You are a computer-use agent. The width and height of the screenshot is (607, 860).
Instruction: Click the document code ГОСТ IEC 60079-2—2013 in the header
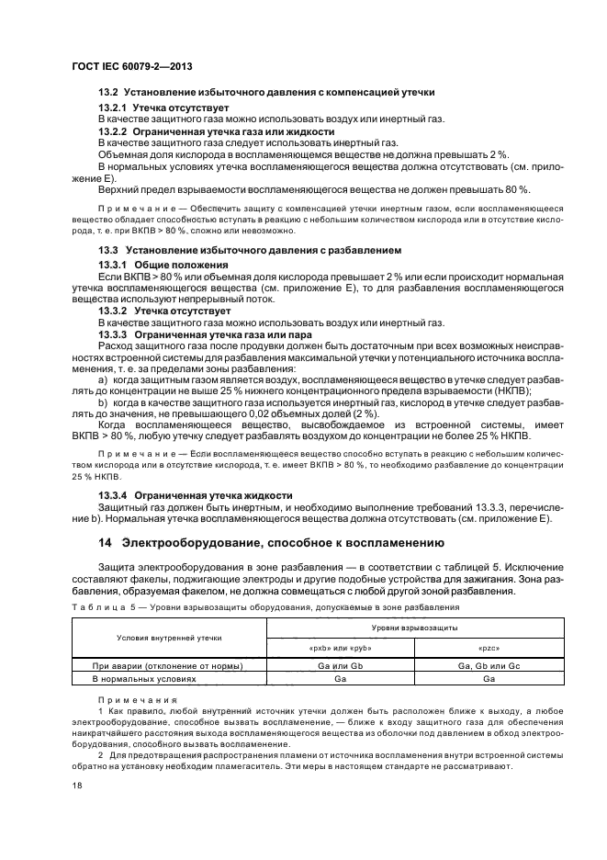click(x=129, y=67)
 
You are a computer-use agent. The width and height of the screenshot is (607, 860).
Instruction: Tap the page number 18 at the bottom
click(x=74, y=786)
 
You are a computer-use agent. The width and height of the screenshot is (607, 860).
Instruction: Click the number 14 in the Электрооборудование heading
click(x=105, y=542)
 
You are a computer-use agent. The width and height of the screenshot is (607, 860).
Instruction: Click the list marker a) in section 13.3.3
click(x=103, y=379)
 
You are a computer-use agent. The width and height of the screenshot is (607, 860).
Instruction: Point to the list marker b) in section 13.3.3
click(x=103, y=402)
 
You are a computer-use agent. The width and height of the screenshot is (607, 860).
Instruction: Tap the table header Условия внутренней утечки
click(x=168, y=638)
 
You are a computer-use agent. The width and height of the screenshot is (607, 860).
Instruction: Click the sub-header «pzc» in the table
click(x=489, y=649)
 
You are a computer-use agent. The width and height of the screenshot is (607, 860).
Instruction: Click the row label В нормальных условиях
click(x=144, y=679)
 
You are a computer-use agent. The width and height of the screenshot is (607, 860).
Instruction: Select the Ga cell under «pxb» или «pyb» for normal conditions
click(x=340, y=679)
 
